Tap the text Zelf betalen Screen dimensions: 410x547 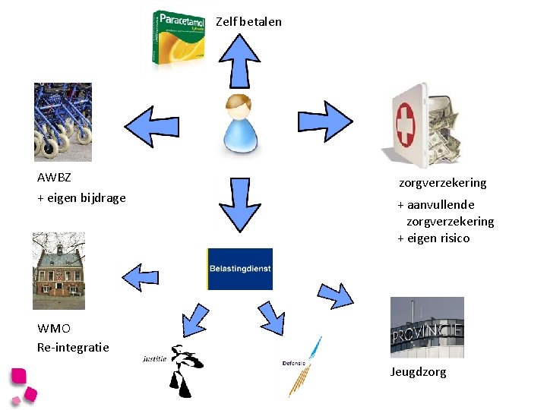[248, 21]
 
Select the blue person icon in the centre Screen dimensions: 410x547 [240, 122]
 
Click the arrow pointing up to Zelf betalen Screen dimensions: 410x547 [240, 60]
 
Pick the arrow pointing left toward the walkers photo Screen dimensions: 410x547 [152, 126]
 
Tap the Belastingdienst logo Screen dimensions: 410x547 [239, 269]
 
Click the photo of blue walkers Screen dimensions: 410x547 [63, 121]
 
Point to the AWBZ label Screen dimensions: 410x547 [54, 178]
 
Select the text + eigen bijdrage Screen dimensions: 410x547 [81, 198]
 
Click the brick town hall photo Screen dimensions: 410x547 [59, 271]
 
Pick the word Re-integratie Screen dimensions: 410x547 [73, 347]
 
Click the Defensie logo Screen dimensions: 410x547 [300, 367]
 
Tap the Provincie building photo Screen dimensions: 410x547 [427, 327]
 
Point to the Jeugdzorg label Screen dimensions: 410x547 [419, 372]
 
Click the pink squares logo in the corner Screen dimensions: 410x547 [24, 386]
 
